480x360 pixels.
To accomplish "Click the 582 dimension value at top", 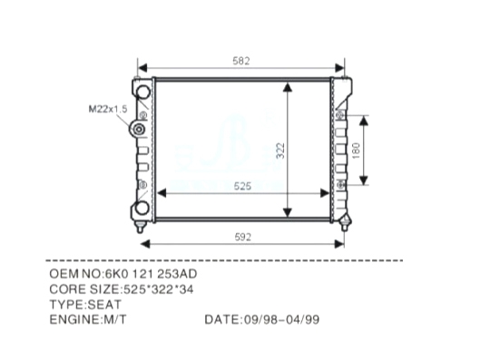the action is coord(241,61).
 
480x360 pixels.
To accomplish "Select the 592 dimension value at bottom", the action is coord(243,237).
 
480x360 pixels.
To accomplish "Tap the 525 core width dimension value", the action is coord(242,186).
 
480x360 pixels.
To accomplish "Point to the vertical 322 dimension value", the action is coord(280,151).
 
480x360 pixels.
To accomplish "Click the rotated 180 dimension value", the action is coord(356,151).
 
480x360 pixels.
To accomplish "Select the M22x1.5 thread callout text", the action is coord(108,109).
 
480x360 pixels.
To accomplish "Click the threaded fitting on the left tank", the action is coord(138,130).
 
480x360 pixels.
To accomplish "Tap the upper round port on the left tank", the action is coord(142,92).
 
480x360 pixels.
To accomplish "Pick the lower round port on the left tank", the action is coord(142,208).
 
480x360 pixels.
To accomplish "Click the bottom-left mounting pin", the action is coord(140,228).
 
